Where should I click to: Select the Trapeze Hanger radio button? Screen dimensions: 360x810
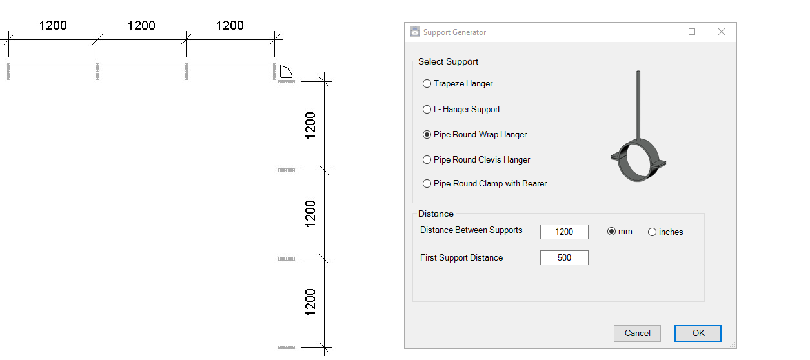click(x=427, y=84)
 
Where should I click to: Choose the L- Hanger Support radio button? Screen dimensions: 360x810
click(x=427, y=110)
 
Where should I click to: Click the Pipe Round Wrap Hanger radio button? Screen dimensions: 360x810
click(x=427, y=135)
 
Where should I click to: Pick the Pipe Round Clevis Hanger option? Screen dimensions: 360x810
click(x=427, y=160)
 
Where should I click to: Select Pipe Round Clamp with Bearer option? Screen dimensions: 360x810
click(x=427, y=184)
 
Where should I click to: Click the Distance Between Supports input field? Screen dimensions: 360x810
click(x=564, y=232)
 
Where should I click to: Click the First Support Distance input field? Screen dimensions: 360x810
click(x=564, y=258)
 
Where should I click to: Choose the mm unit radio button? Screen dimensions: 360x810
click(x=611, y=232)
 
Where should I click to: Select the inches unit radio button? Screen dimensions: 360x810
click(x=652, y=232)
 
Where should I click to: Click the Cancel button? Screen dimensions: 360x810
click(x=637, y=333)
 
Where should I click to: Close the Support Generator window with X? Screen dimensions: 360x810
click(x=722, y=32)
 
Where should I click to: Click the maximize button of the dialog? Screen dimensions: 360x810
click(x=692, y=32)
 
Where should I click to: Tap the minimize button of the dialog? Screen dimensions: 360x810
click(x=662, y=32)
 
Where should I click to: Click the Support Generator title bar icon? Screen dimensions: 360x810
click(x=415, y=32)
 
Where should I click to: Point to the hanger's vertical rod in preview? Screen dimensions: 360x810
click(x=638, y=103)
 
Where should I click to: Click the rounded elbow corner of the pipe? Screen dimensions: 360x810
click(x=284, y=72)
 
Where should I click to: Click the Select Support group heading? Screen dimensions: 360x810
click(x=448, y=62)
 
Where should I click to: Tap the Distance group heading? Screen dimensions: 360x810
click(x=436, y=214)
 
